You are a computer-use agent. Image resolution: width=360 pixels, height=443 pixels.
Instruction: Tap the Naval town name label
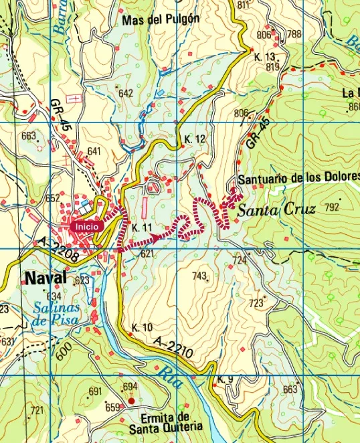tap(45, 278)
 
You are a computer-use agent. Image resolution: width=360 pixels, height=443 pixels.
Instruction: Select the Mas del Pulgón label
tap(161, 19)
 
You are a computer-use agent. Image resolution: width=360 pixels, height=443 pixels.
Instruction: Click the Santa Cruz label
tap(276, 209)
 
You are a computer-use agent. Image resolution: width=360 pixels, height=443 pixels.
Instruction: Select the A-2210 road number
tap(173, 352)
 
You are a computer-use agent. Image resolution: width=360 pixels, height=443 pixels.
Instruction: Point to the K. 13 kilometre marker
tap(265, 57)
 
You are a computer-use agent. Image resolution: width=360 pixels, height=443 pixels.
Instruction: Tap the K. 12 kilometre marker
tap(194, 139)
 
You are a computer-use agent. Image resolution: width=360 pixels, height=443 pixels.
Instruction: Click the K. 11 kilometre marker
tap(143, 228)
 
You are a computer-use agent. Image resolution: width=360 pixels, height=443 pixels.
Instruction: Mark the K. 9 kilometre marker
tap(226, 380)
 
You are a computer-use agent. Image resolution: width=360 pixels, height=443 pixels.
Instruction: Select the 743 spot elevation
tap(199, 276)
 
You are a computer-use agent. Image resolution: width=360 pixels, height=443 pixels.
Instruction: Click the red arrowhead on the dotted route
tap(157, 237)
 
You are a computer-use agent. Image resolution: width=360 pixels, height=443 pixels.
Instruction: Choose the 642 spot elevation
tap(126, 94)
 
